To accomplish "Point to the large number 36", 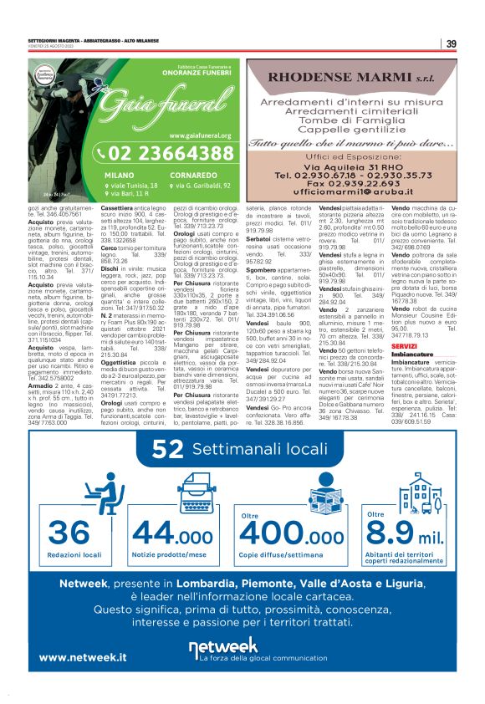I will [69, 533].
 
